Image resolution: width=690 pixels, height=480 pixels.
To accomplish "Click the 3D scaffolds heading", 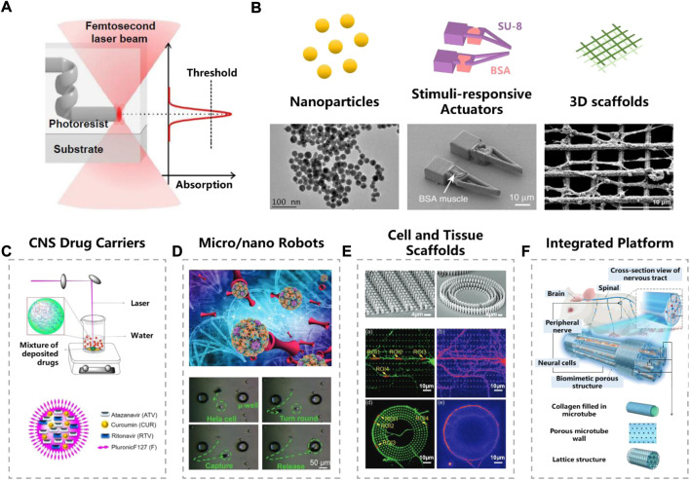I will [x=610, y=103].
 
